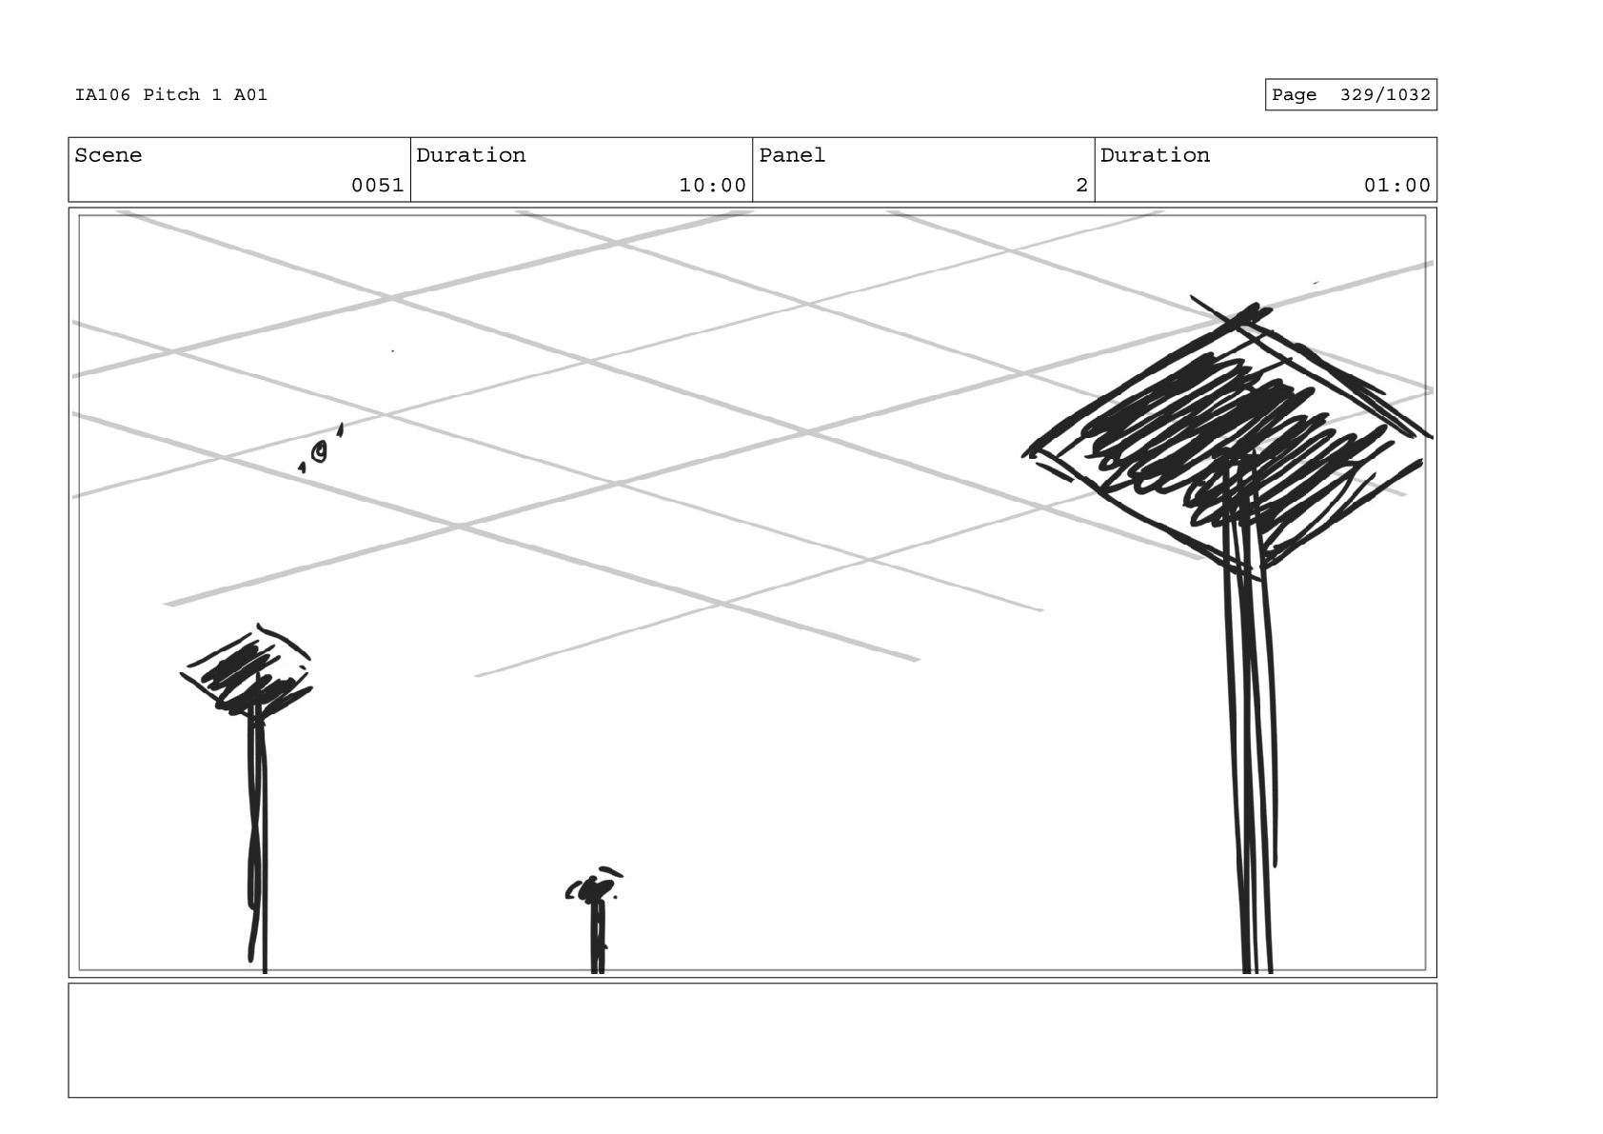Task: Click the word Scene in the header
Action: tap(108, 155)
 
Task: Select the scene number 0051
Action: tap(377, 186)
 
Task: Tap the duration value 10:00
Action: tap(711, 186)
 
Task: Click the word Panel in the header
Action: tap(791, 155)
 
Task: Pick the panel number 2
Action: tap(1080, 186)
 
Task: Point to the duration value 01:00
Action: tap(1396, 186)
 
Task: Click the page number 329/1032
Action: tap(1384, 95)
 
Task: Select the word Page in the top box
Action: tap(1294, 95)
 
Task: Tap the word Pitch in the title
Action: tap(171, 95)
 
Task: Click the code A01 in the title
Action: tap(250, 95)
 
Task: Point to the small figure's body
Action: tap(597, 938)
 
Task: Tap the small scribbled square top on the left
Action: tap(246, 672)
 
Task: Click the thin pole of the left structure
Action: tap(258, 838)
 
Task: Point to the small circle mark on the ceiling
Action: tap(320, 452)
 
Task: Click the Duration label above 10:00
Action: tap(470, 155)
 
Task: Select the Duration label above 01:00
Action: tap(1155, 155)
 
